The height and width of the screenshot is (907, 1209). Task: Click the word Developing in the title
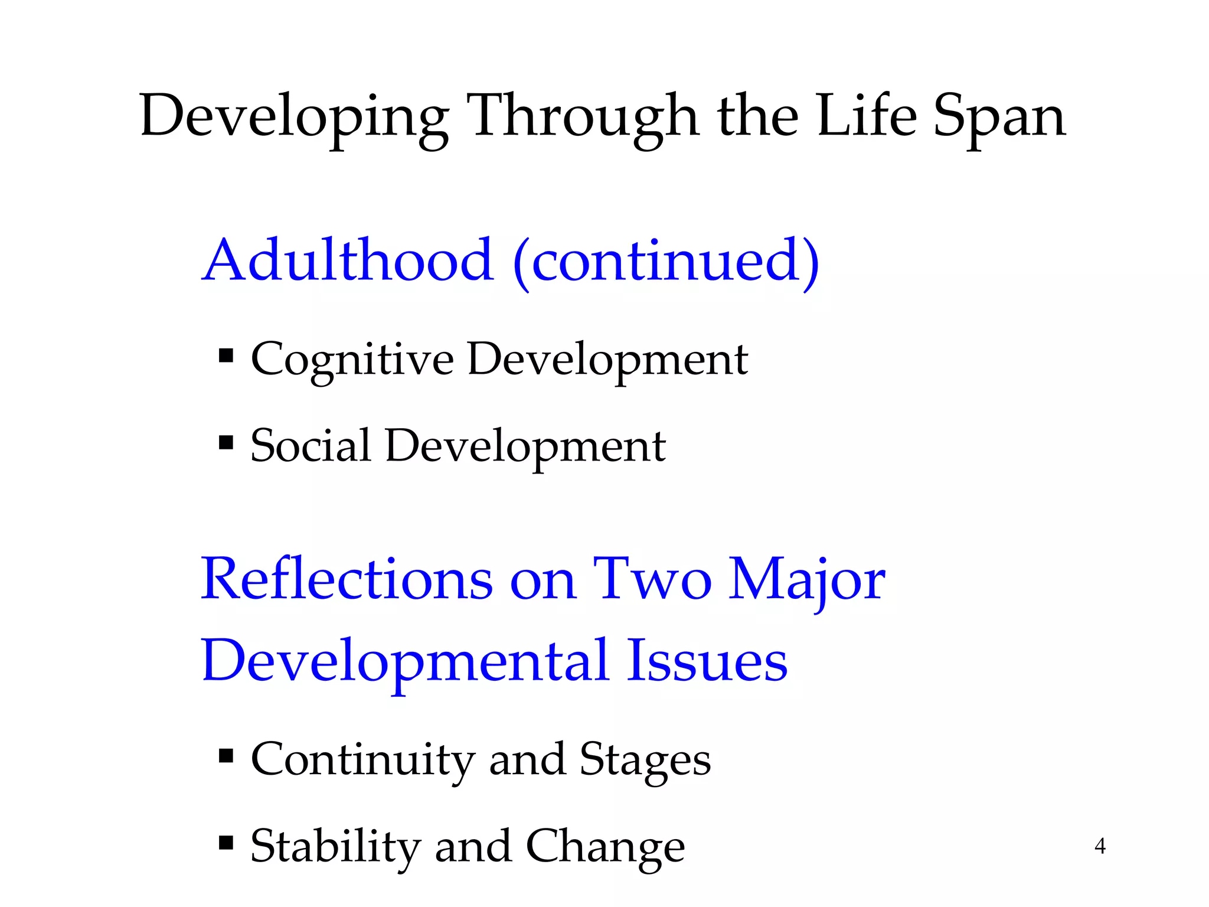(293, 116)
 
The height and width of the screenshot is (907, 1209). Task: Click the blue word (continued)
(666, 261)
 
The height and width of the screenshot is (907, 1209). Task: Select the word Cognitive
(352, 360)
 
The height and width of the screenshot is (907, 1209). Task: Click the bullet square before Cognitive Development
(226, 356)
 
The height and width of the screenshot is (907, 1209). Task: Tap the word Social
(311, 445)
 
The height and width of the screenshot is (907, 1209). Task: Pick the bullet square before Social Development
(226, 442)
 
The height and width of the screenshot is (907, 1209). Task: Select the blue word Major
(806, 580)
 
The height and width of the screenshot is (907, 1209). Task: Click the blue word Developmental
(405, 661)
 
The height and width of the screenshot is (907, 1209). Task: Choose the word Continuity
(362, 759)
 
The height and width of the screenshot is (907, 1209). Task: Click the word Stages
(645, 761)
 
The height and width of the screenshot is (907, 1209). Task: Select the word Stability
(335, 847)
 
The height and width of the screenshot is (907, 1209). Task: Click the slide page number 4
(1100, 846)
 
